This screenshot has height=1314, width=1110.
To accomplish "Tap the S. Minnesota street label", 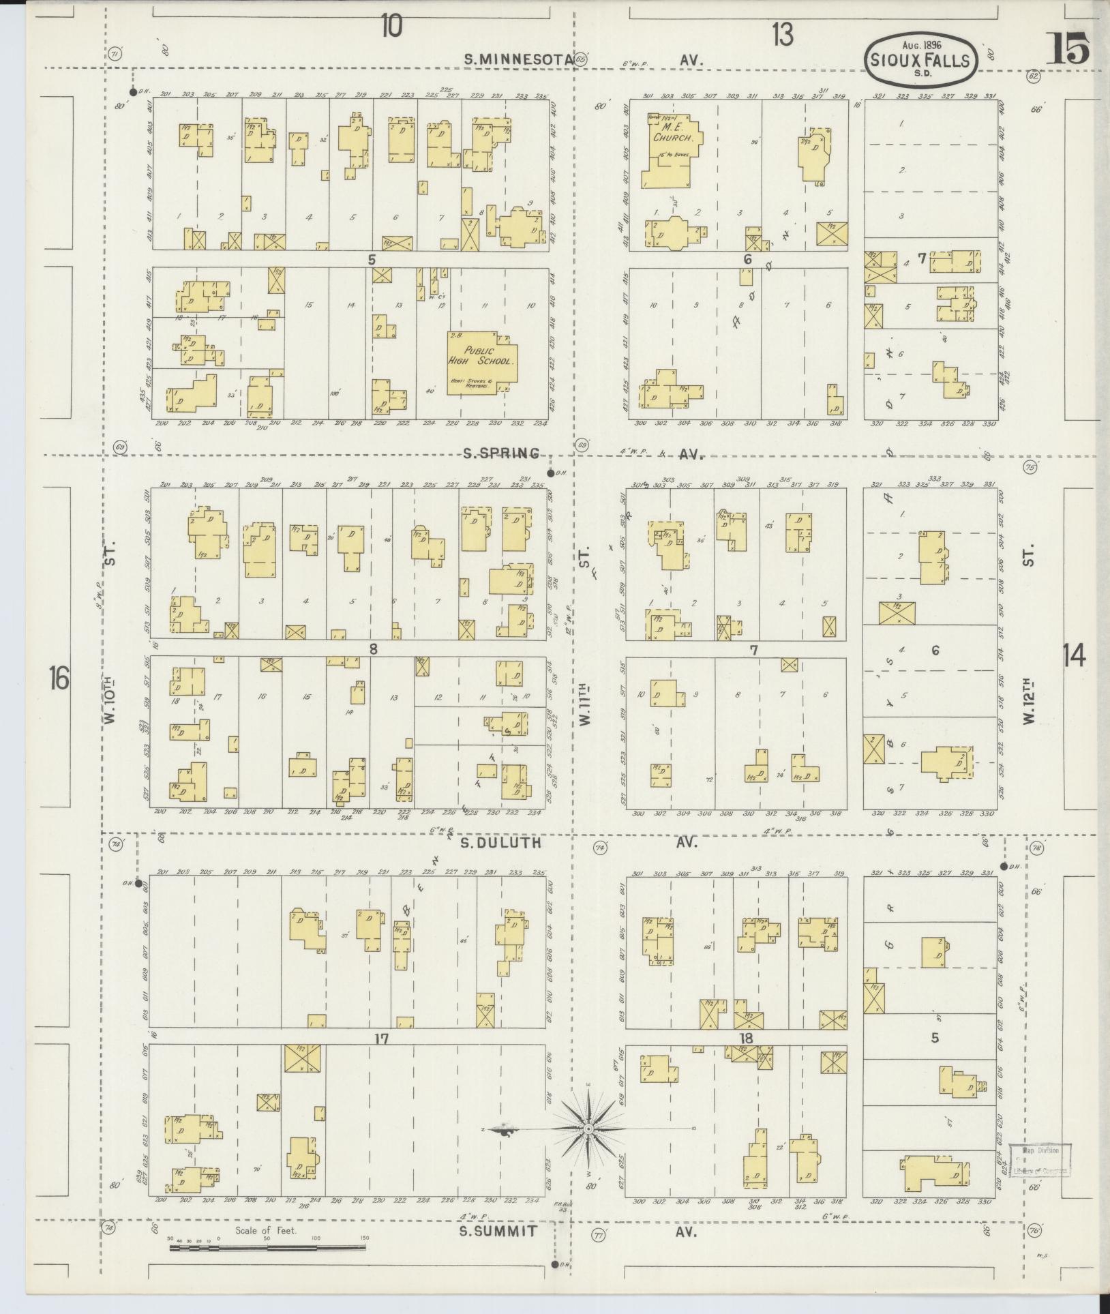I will (517, 59).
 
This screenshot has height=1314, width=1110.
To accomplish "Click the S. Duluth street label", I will (500, 843).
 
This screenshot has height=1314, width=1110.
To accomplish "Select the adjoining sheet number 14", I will (1074, 656).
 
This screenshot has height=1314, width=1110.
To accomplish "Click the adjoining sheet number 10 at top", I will (391, 27).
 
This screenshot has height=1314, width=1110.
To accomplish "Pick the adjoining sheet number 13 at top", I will (783, 33).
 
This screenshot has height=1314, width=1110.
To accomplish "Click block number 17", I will (380, 1039).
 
